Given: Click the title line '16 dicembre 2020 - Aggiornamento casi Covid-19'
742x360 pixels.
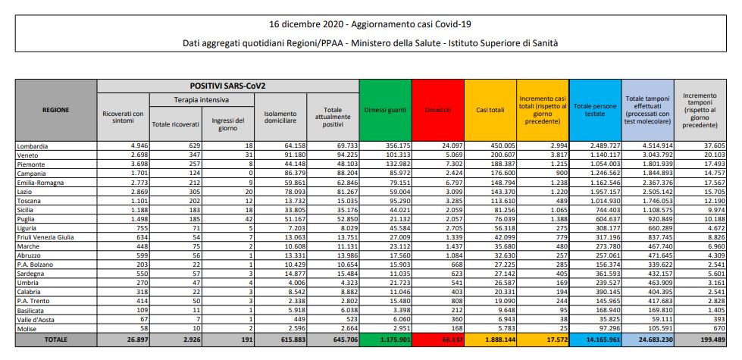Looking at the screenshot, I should click(371, 24).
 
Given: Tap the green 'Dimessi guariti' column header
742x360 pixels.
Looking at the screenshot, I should click(385, 110).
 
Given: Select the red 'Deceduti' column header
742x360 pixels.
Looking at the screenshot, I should click(438, 110).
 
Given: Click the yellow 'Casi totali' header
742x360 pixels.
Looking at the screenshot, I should click(490, 110).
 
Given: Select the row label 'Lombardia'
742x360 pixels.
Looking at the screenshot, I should click(33, 145).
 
